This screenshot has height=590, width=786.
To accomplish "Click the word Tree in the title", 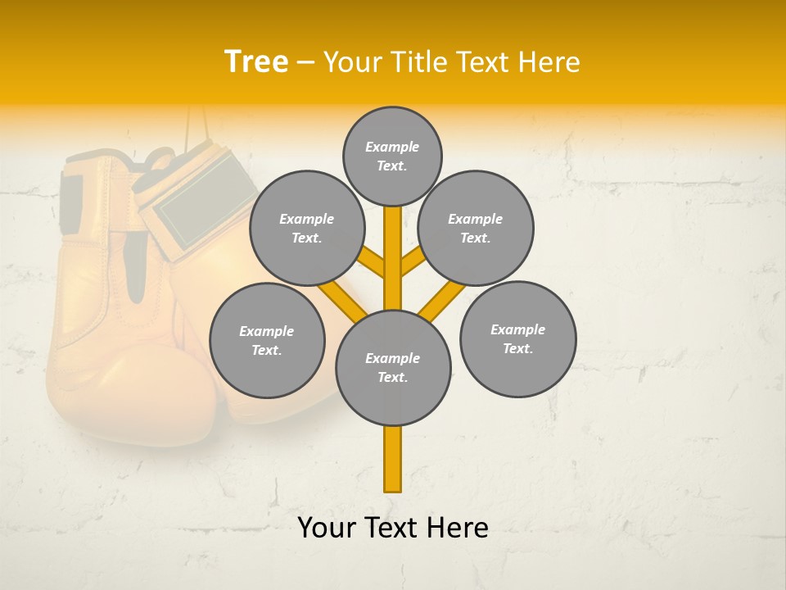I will pyautogui.click(x=256, y=62).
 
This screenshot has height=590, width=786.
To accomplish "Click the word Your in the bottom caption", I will pyautogui.click(x=326, y=528).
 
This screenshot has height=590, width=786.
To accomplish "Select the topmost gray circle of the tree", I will pyautogui.click(x=392, y=156).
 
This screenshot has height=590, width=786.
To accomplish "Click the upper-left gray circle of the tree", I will pyautogui.click(x=307, y=229).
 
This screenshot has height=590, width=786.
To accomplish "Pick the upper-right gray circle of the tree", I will pyautogui.click(x=476, y=229).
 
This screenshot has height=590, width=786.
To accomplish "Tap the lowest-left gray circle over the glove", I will pyautogui.click(x=267, y=341).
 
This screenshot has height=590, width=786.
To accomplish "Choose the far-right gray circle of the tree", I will pyautogui.click(x=518, y=339).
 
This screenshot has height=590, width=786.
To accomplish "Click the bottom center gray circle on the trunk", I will pyautogui.click(x=393, y=368).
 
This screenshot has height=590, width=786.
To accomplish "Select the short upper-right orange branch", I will pyautogui.click(x=412, y=264).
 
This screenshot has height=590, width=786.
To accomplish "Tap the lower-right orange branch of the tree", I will pyautogui.click(x=440, y=302).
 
